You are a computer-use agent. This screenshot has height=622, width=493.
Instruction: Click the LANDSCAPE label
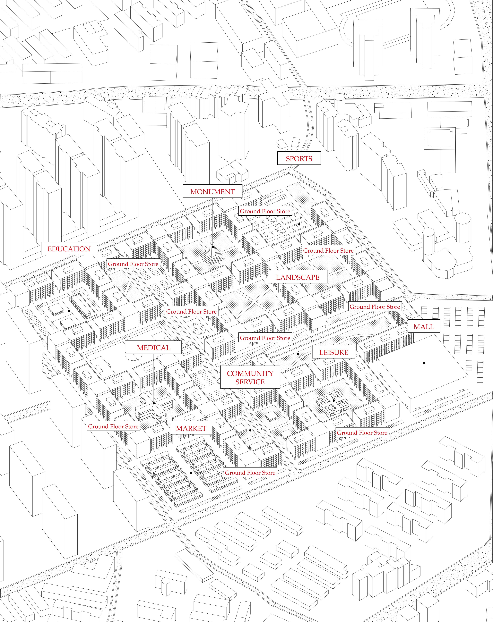point(298,277)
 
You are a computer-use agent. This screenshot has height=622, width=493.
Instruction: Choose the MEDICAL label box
point(154,348)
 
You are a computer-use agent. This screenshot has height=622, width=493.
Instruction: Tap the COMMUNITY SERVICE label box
point(250,377)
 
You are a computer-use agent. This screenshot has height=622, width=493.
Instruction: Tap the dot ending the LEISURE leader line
point(334,400)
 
